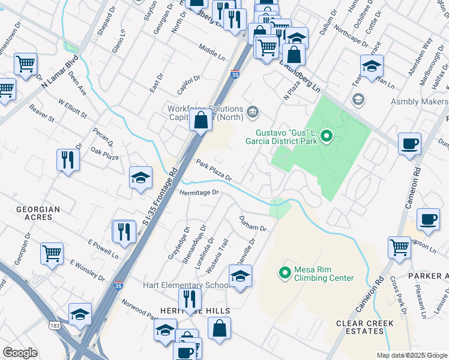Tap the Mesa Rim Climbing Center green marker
(285, 273)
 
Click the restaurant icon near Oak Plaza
(67, 160)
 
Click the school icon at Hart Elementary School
(240, 276)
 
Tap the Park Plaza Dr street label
(212, 170)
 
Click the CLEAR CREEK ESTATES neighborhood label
(365, 328)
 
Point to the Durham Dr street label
(252, 223)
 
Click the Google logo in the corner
(20, 353)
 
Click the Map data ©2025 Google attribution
(411, 355)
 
